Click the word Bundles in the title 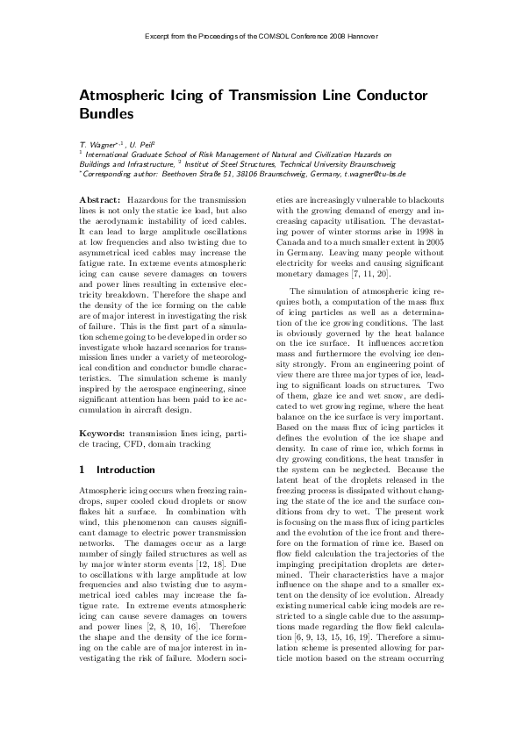107,113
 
